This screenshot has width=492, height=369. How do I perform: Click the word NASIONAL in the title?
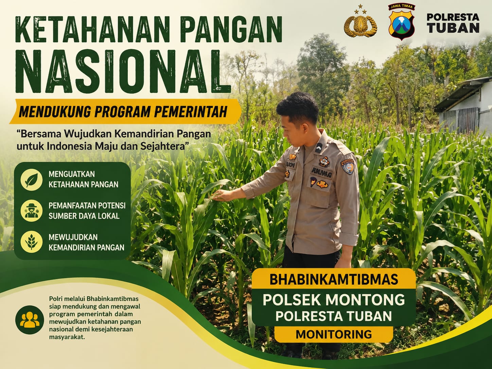click(123, 71)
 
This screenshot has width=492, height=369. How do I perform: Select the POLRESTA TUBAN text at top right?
click(453, 23)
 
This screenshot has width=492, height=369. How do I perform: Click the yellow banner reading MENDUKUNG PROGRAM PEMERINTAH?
click(125, 111)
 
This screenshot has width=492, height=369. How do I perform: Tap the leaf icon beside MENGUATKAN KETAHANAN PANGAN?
click(31, 179)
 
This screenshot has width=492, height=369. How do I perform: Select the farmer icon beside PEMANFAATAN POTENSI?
click(31, 211)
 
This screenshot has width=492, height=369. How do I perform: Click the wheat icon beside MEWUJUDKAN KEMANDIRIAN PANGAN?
click(31, 242)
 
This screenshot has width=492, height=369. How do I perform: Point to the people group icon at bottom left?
click(30, 320)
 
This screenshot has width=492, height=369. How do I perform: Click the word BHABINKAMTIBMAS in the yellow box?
click(334, 279)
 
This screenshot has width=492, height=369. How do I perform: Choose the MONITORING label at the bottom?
click(334, 334)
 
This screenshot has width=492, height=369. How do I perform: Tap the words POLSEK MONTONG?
click(334, 300)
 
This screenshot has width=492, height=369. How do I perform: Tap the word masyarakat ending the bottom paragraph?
click(67, 337)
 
